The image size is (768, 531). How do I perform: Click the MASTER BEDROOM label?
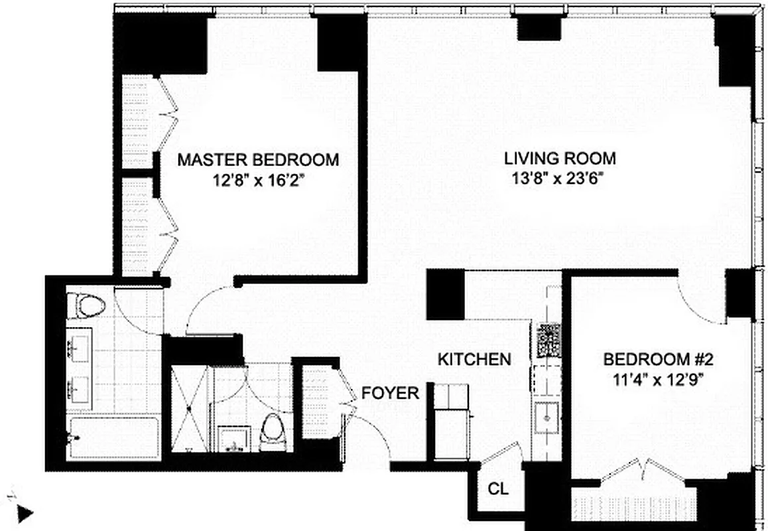tap(258, 160)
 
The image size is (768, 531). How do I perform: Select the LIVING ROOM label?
tap(560, 159)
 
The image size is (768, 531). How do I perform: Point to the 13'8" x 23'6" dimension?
tap(560, 177)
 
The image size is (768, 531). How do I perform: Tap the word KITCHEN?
tap(474, 360)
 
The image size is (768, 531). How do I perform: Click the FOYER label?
tap(390, 393)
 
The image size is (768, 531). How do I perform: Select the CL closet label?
tap(498, 490)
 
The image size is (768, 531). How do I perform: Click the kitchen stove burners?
tap(549, 340)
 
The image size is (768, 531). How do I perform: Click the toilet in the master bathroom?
tap(90, 306)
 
